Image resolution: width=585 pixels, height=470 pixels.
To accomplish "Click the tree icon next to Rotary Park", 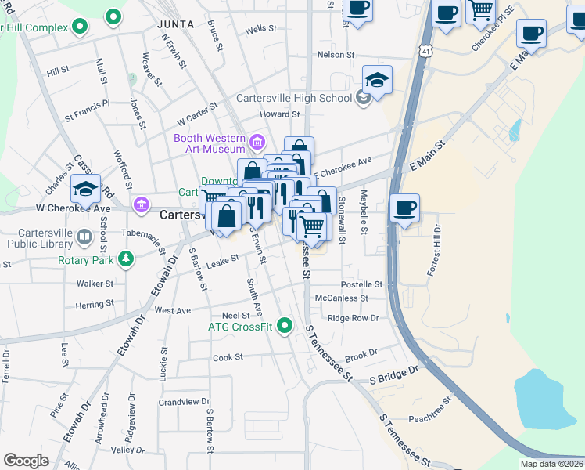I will [x=124, y=258].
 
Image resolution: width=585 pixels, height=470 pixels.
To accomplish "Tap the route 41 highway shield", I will [x=422, y=50].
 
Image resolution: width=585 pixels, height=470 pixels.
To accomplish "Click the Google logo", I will [x=26, y=461].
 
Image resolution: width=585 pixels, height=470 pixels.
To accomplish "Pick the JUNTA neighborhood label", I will [x=175, y=24].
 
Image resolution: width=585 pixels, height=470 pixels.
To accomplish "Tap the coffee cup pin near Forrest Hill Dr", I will [x=404, y=208].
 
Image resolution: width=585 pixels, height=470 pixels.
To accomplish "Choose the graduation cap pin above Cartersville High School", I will [x=377, y=80].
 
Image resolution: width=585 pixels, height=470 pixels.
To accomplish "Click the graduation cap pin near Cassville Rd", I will [x=85, y=189].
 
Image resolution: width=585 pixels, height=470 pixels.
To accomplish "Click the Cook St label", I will [x=228, y=357].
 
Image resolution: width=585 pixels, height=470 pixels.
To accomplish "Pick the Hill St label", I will [x=57, y=71].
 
